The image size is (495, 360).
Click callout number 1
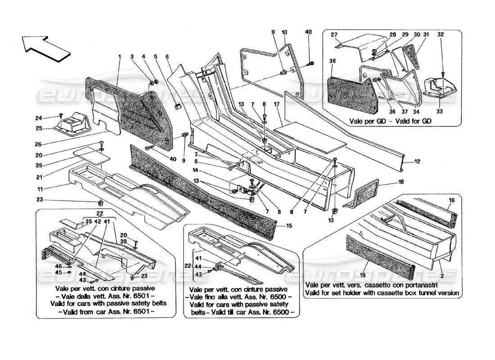(x=120, y=57)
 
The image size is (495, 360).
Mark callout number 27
(x=334, y=35)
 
